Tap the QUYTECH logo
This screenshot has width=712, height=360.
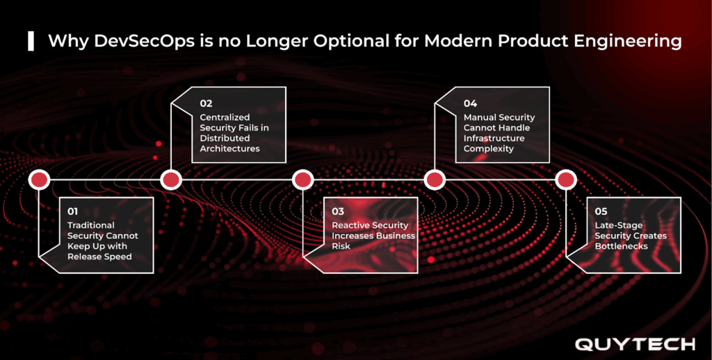[x=634, y=344]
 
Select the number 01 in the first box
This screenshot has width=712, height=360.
[x=74, y=211]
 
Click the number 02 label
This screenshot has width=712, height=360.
[x=206, y=104]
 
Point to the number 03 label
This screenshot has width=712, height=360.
[x=338, y=211]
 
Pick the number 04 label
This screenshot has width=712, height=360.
[x=471, y=104]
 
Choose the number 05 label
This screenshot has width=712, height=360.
[x=602, y=211]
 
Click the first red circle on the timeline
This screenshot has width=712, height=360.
[x=39, y=180]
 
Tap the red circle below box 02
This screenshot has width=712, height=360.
[x=171, y=180]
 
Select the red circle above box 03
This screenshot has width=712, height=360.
[x=302, y=180]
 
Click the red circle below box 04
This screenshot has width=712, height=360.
[x=435, y=180]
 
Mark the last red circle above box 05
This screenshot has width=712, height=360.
[x=567, y=180]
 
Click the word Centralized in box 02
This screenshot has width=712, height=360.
[x=225, y=117]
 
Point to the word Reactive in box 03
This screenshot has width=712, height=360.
[x=351, y=225]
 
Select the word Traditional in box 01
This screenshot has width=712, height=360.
[x=91, y=225]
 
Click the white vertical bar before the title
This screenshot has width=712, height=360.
[x=31, y=41]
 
